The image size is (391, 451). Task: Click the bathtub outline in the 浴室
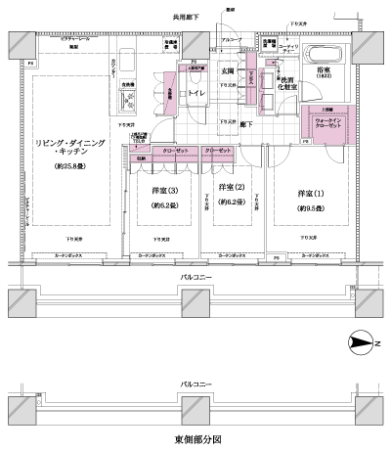pos(323,54)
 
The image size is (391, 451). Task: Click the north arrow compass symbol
pos(363,342)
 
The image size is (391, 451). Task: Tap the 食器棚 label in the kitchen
pos(127,85)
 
